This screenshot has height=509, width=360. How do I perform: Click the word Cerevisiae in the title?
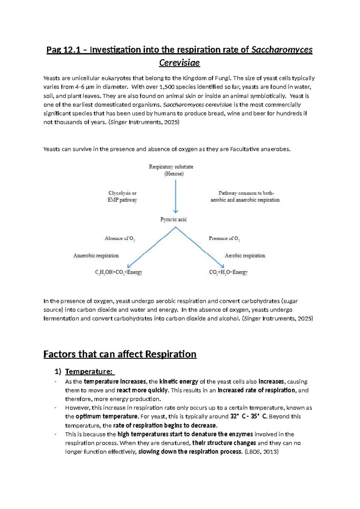point(179,63)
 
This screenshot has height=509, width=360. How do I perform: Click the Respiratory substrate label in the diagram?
point(171,167)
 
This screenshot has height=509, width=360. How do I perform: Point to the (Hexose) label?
point(174,174)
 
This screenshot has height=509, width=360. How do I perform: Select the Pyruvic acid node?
point(173,220)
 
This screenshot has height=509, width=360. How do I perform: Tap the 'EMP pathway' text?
point(122,200)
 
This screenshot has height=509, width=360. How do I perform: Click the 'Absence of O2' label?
point(119,239)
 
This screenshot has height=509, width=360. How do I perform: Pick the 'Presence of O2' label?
point(224,239)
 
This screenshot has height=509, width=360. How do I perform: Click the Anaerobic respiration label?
point(96,256)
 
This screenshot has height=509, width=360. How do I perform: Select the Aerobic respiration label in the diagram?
point(245,256)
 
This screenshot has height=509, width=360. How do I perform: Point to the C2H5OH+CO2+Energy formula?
point(118,273)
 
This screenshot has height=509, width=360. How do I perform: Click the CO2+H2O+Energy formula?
point(228,273)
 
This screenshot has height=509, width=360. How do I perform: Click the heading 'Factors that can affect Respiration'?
point(120,354)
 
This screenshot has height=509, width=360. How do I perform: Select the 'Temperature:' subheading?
point(89,372)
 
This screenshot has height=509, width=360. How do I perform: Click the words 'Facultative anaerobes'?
point(260,149)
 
